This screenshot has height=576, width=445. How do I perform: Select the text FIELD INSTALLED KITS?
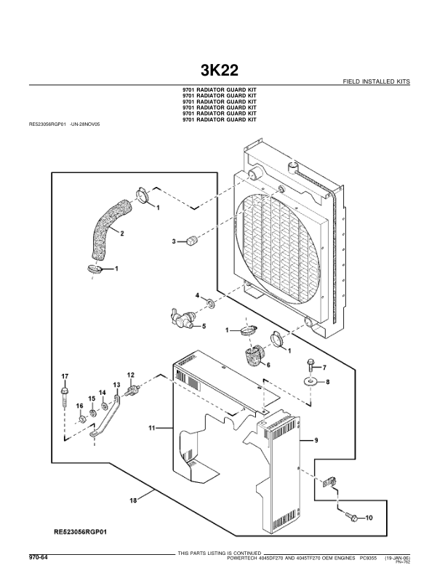coord(375,82)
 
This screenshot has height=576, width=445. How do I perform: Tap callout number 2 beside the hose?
coord(121,233)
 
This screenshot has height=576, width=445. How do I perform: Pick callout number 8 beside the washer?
coord(326,381)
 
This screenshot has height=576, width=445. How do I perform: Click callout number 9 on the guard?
coord(317,441)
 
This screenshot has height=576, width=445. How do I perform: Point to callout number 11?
coord(153,430)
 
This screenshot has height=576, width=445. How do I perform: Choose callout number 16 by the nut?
coord(80,405)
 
